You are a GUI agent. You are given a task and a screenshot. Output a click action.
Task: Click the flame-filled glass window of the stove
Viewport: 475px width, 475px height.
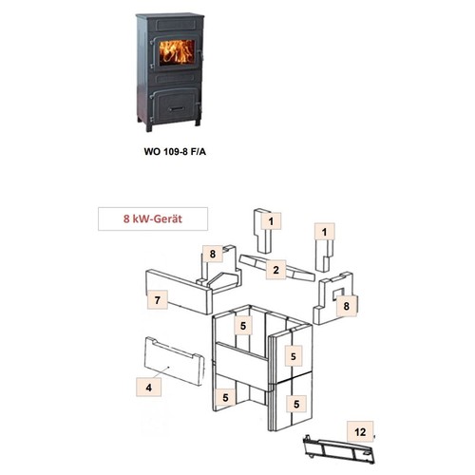point(177,52)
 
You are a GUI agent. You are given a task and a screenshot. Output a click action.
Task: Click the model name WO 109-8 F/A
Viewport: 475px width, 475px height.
point(175,152)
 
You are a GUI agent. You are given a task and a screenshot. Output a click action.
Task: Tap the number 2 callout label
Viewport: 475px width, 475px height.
point(275,270)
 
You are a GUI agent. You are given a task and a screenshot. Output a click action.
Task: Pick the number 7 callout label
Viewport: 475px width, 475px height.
point(158,299)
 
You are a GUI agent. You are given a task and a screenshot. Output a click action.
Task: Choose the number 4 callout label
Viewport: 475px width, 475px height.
point(148,387)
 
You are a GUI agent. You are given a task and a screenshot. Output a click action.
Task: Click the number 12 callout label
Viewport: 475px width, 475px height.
point(360,431)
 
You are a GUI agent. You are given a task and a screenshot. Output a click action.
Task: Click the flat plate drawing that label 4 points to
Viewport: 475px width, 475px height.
point(174,361)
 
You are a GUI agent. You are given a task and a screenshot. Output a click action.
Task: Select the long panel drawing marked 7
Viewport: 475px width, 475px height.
point(179,292)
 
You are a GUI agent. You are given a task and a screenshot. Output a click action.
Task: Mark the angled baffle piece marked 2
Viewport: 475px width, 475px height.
point(277,268)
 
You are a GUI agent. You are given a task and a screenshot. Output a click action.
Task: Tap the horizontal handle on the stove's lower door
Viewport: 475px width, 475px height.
point(177,109)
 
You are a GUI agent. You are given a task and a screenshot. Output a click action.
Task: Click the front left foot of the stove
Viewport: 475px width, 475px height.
point(148,126)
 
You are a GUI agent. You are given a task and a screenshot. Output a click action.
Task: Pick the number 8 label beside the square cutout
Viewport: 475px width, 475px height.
point(347,306)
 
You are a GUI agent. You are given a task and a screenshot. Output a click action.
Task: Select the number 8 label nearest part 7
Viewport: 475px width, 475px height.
point(213,254)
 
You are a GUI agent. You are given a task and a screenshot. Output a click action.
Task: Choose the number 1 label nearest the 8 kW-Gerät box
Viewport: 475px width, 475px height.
point(271,221)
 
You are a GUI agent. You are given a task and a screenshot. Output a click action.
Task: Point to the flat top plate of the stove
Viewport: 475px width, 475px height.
point(170,15)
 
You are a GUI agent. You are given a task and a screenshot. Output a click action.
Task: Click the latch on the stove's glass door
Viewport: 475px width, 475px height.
point(200,55)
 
